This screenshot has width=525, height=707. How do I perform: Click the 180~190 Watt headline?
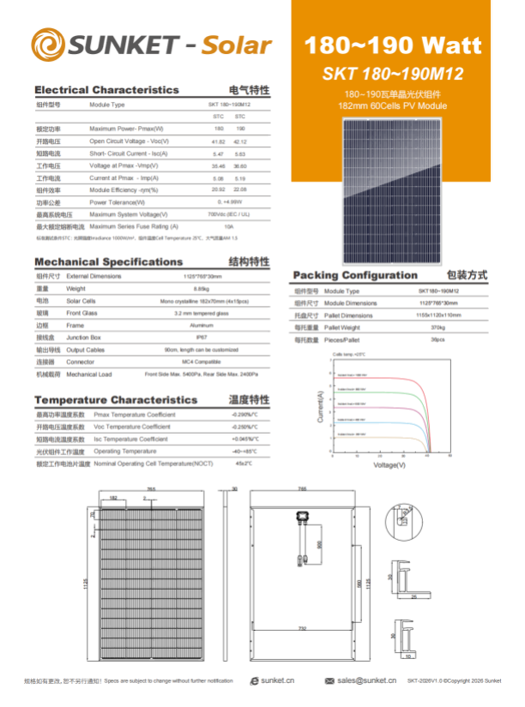click(x=393, y=45)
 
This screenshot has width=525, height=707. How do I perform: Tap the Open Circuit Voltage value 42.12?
click(x=240, y=141)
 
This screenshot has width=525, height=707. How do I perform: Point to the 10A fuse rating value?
click(x=228, y=226)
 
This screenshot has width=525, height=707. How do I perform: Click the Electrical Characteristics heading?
click(x=106, y=90)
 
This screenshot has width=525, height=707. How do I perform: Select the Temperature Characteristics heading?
click(x=115, y=400)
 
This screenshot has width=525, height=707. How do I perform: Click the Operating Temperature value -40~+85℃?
click(x=244, y=451)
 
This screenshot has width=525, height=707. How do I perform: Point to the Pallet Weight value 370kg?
click(x=438, y=327)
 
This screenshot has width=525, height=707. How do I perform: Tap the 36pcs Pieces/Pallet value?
click(x=438, y=339)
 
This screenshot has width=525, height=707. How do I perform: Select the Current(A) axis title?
click(x=321, y=407)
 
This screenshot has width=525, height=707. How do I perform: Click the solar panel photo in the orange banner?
click(x=394, y=189)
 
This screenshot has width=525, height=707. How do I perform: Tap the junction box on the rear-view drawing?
click(x=302, y=518)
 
